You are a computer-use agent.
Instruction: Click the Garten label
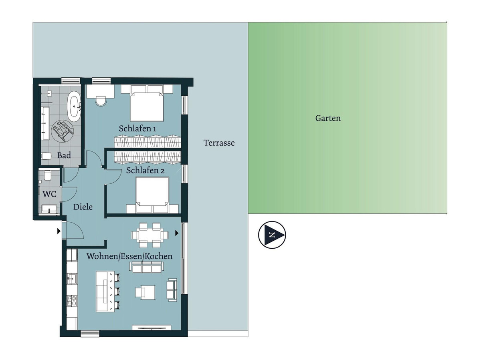pyautogui.click(x=328, y=118)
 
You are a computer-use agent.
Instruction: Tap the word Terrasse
pyautogui.click(x=219, y=143)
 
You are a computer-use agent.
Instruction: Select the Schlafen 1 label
pyautogui.click(x=137, y=129)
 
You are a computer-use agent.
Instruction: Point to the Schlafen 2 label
pyautogui.click(x=145, y=170)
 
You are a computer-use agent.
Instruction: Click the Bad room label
pyautogui.click(x=64, y=155)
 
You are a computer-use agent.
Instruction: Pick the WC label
pyautogui.click(x=50, y=193)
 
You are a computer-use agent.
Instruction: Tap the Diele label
pyautogui.click(x=83, y=207)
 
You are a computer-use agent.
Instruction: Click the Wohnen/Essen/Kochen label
pyautogui.click(x=129, y=256)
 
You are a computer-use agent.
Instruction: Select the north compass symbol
pyautogui.click(x=272, y=235)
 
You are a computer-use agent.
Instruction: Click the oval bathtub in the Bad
pyautogui.click(x=74, y=106)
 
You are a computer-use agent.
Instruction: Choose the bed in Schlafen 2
pyautogui.click(x=152, y=192)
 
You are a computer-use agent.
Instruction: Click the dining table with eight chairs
pyautogui.click(x=150, y=234)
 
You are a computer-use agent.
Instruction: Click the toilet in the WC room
pyautogui.click(x=47, y=175)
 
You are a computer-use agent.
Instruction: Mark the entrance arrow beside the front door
pyautogui.click(x=59, y=231)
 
